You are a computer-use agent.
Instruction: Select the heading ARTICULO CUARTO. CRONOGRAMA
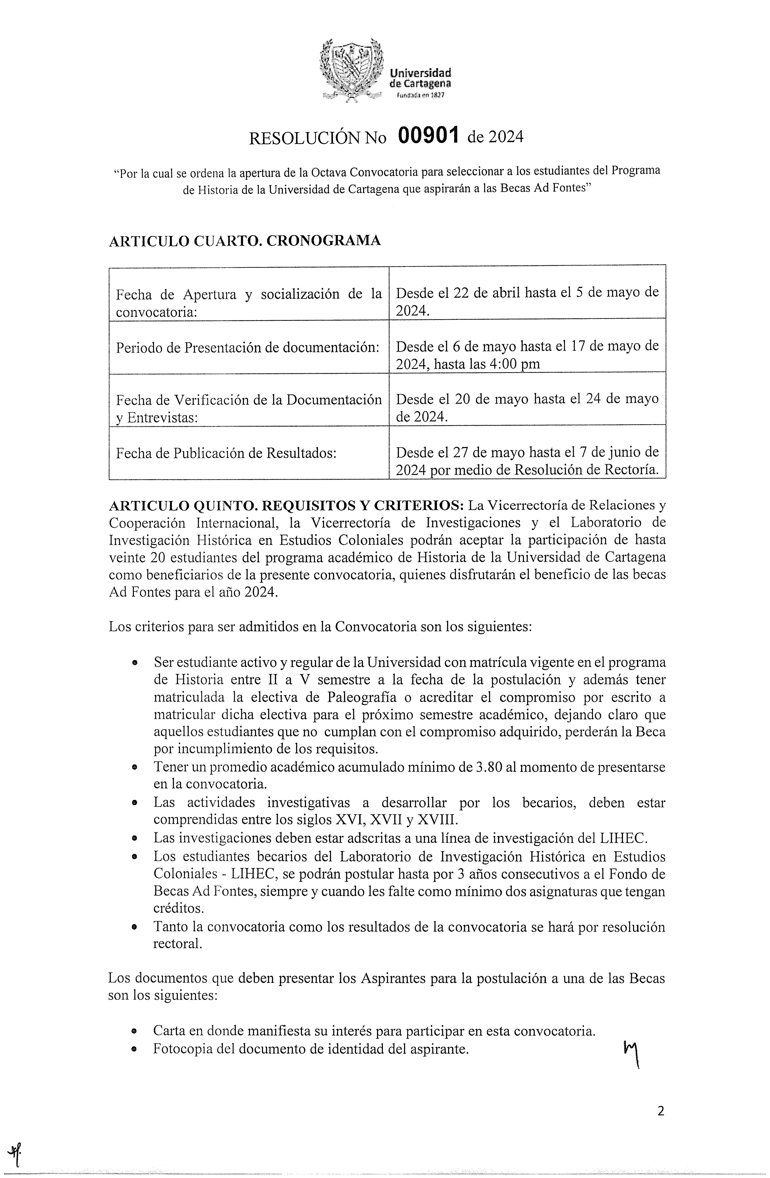point(244,241)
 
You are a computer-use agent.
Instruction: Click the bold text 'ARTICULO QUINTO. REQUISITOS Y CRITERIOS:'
point(286,506)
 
